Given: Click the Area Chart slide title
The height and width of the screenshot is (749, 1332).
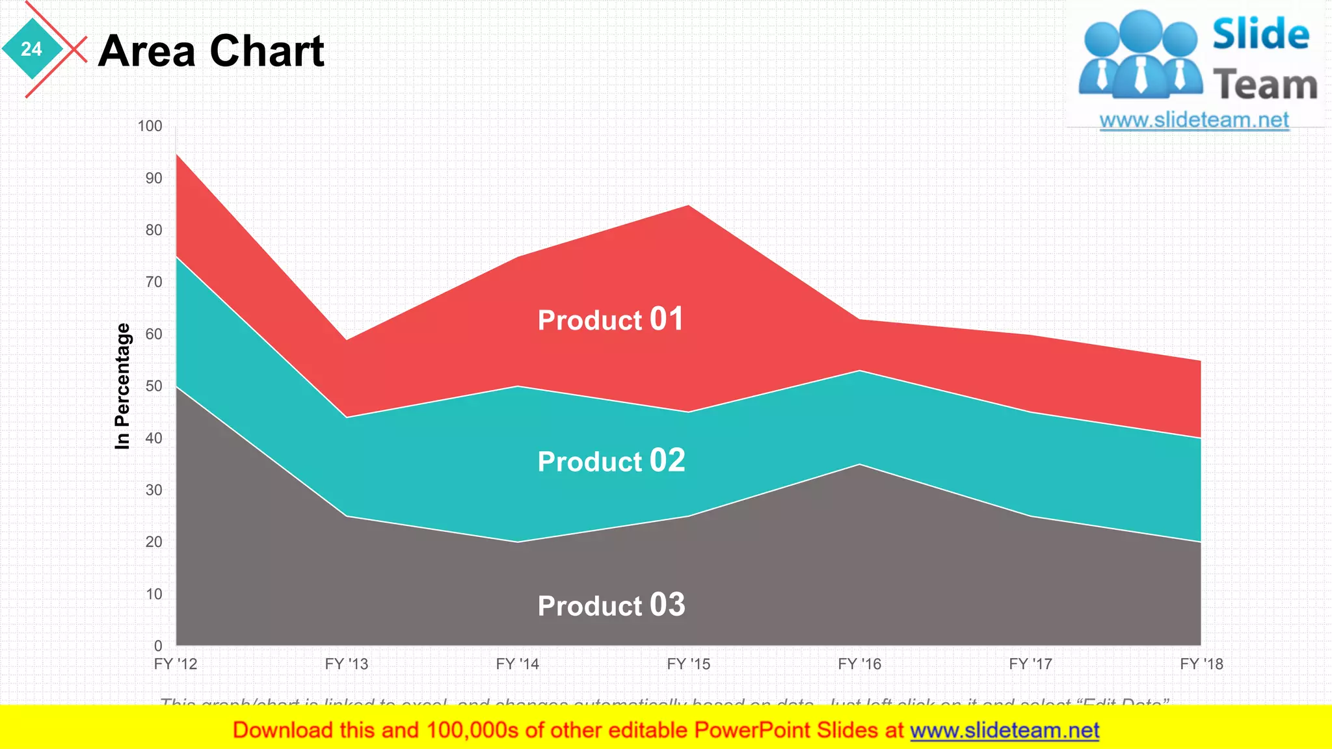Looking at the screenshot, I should click(211, 51).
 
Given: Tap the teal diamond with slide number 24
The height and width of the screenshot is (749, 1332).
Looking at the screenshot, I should click(31, 49).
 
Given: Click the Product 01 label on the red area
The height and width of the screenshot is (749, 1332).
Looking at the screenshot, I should click(610, 319).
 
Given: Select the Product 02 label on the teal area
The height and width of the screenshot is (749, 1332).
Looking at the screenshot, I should click(611, 461).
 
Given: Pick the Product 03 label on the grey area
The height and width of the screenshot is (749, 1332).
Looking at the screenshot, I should click(611, 605).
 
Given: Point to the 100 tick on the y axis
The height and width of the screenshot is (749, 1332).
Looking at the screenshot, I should click(150, 126).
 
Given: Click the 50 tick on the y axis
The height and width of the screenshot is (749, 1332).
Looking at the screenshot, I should click(153, 386).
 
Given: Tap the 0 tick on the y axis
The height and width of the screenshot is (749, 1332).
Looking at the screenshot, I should click(158, 646).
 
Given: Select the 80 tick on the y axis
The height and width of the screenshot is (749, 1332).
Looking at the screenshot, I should click(153, 230).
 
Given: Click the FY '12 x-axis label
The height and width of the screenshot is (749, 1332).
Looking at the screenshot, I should click(176, 664).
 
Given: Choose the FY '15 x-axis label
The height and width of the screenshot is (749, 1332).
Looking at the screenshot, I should click(688, 664).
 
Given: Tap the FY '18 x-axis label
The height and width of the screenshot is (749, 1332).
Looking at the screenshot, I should click(1201, 664).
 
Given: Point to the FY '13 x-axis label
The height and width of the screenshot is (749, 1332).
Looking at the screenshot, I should click(347, 664).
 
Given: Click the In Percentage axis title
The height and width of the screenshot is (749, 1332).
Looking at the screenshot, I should click(122, 386).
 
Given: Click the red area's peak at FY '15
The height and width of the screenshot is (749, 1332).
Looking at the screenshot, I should click(688, 206).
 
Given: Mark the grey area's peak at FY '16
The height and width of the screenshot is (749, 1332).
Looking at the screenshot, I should click(859, 465).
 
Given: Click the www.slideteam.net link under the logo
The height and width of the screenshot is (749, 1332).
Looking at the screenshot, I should click(1194, 120).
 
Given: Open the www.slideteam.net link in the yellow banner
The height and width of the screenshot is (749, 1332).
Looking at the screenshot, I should click(1004, 731).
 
